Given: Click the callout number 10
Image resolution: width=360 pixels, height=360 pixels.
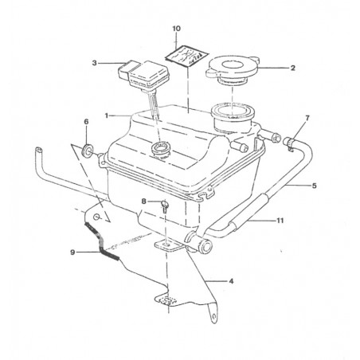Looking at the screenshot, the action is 177,29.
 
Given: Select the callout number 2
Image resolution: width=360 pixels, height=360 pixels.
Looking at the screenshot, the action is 293,68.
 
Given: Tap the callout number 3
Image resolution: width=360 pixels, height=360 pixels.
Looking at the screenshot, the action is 94,63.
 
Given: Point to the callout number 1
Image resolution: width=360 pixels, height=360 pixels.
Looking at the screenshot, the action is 107,115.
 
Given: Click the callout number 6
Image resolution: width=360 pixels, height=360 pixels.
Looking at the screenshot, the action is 86,122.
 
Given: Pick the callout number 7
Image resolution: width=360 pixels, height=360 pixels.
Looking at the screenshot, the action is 307,118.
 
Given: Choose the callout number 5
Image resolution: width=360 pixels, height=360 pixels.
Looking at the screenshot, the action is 315,186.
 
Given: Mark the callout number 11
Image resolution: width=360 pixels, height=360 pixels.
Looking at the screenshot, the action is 280,221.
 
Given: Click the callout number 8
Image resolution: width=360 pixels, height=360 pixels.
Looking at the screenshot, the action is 143,202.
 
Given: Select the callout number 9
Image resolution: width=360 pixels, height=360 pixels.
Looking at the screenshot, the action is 72,252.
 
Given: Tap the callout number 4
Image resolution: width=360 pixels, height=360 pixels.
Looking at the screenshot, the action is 231,281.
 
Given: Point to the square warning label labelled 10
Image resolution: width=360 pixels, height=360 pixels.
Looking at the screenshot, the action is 186,56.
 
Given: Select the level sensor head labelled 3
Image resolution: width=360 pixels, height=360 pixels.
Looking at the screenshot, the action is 143,74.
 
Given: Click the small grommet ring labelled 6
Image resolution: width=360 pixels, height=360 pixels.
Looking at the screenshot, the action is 87,150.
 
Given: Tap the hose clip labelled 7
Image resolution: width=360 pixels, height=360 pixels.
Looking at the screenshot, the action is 289,143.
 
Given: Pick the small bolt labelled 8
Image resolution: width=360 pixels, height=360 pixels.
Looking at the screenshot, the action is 164,206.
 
